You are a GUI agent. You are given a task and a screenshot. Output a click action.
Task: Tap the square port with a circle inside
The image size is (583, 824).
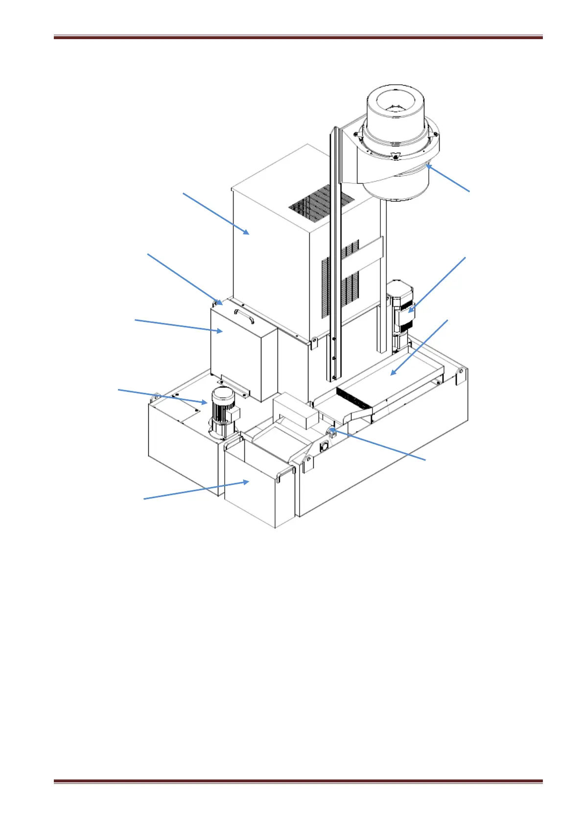(x=324, y=447)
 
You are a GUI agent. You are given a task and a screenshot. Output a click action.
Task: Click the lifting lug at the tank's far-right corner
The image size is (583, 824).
(x=460, y=376)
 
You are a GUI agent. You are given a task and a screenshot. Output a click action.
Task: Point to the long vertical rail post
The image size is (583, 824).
(x=333, y=254)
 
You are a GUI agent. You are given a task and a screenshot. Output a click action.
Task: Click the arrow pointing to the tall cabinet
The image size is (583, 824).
(x=216, y=213)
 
